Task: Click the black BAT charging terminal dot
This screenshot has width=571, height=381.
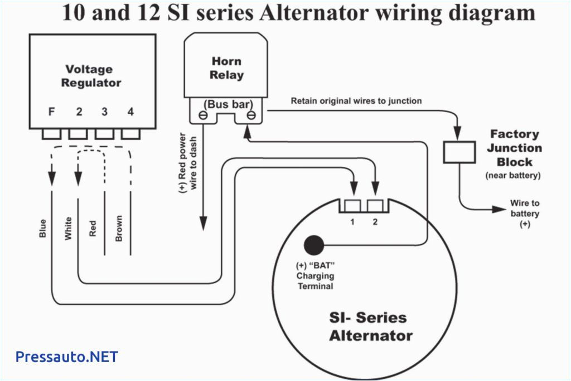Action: [x=314, y=245]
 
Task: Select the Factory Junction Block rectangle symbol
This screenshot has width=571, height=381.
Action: [x=459, y=152]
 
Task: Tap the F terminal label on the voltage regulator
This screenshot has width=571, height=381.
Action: [x=51, y=112]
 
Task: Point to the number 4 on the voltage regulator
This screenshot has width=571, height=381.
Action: [x=130, y=112]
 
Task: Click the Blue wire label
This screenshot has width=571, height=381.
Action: [x=43, y=228]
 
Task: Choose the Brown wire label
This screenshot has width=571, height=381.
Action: [x=119, y=228]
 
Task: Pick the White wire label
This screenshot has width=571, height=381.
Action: [x=69, y=228]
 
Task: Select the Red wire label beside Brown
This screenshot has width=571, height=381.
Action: [x=93, y=228]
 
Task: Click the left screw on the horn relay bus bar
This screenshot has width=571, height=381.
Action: [x=203, y=115]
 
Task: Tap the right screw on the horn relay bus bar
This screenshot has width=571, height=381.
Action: [x=251, y=115]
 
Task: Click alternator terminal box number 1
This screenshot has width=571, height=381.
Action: [x=352, y=206]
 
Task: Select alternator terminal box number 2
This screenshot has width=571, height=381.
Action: [x=375, y=206]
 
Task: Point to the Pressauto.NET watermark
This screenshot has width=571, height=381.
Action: [x=66, y=356]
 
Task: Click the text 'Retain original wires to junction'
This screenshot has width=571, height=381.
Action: [x=356, y=101]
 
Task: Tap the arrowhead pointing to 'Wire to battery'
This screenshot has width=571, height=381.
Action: [x=499, y=210]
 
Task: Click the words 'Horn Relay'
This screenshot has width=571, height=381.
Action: [x=226, y=67]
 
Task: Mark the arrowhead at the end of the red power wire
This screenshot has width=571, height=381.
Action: [x=203, y=225]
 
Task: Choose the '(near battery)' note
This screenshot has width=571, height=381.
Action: [x=513, y=175]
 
